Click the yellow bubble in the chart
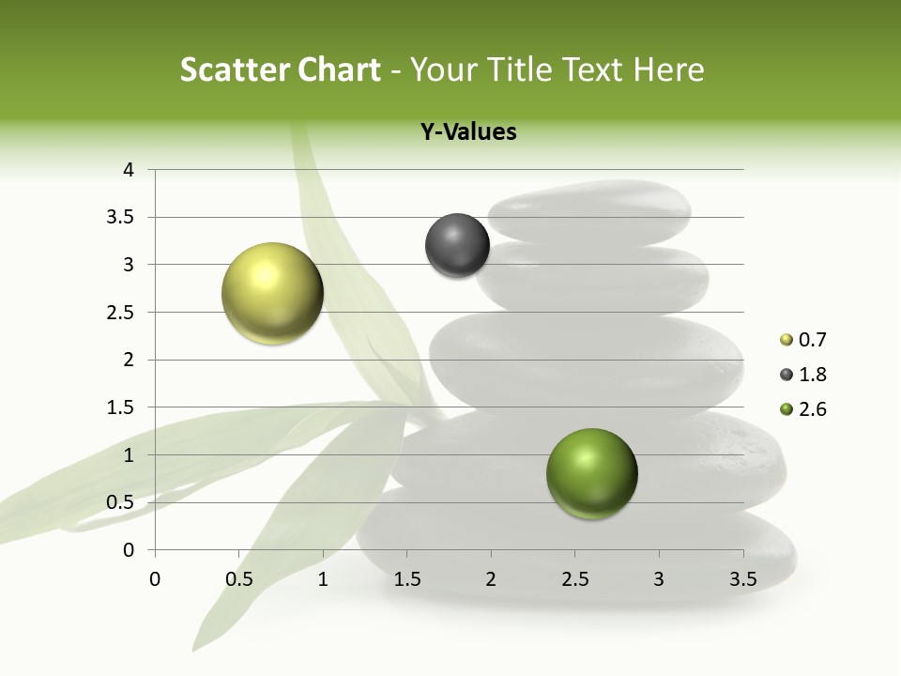(272, 293)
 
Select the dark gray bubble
(457, 245)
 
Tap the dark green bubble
(591, 473)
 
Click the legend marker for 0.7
(786, 340)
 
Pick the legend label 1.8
(812, 375)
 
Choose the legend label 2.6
(812, 409)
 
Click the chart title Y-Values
(468, 132)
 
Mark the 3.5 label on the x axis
(742, 578)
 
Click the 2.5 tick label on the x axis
(574, 578)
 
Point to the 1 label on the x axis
(323, 578)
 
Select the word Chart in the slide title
(339, 69)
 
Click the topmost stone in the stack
(589, 212)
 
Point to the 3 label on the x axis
(659, 578)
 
